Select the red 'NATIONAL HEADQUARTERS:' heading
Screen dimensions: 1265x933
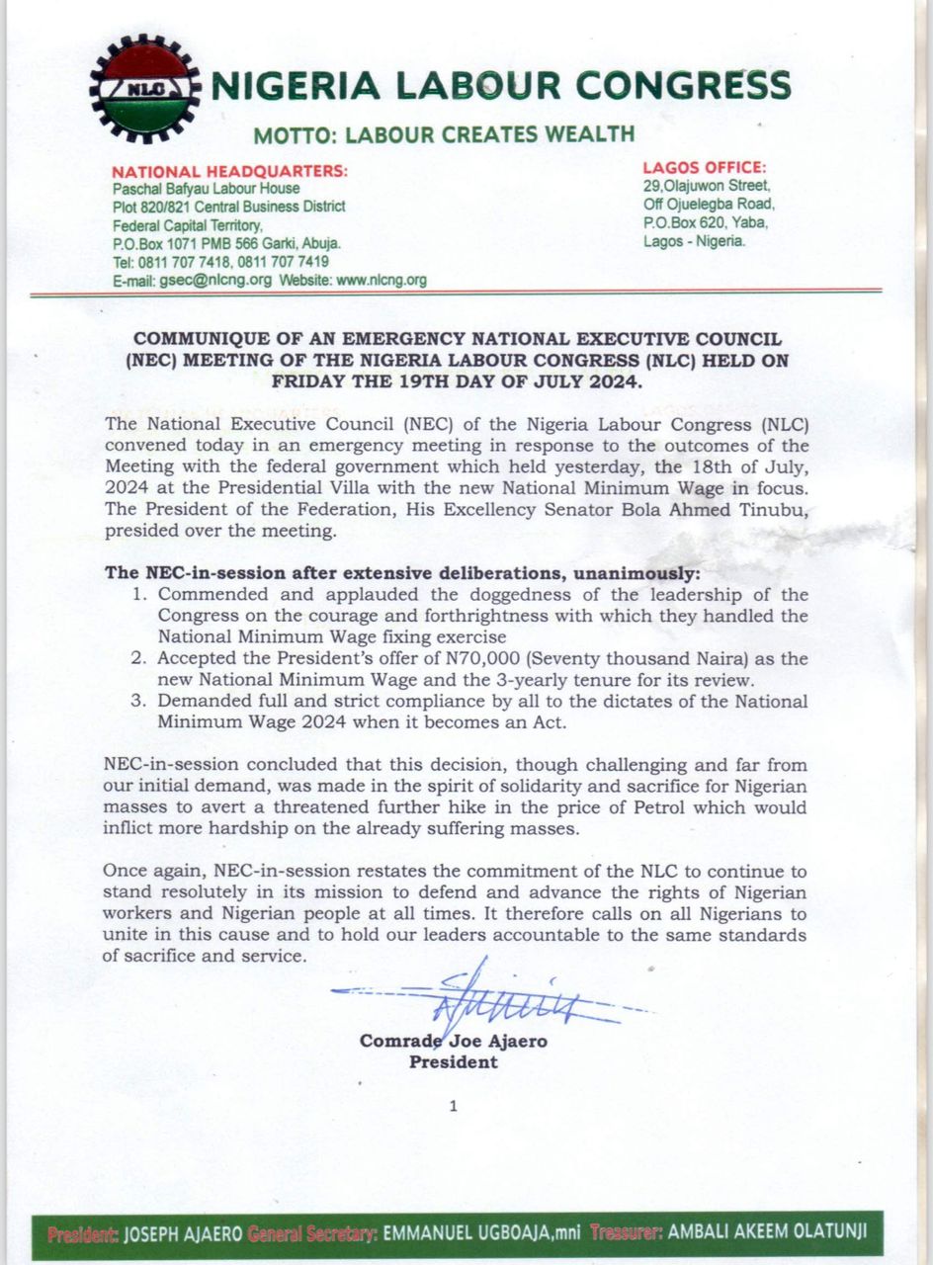click(x=229, y=171)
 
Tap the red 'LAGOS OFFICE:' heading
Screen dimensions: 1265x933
click(x=704, y=168)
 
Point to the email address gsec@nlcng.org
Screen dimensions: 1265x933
click(x=218, y=280)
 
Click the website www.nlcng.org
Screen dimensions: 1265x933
click(x=382, y=280)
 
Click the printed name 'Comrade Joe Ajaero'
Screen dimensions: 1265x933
click(x=454, y=1041)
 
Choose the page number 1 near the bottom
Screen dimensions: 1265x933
click(x=453, y=1106)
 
